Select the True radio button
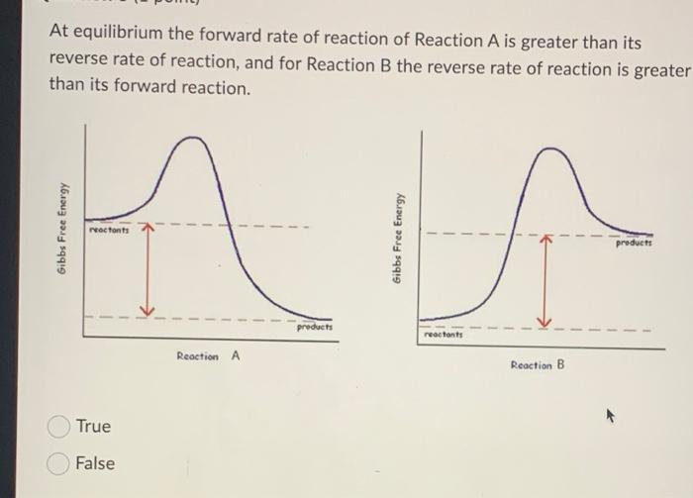click(x=58, y=427)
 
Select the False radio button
click(x=58, y=463)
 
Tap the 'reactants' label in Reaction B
click(x=444, y=337)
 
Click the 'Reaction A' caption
click(x=208, y=356)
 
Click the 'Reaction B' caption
click(x=538, y=365)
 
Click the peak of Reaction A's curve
click(x=193, y=138)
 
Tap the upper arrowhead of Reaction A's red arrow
click(x=147, y=227)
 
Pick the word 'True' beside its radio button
click(x=93, y=427)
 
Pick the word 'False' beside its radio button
click(x=95, y=463)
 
